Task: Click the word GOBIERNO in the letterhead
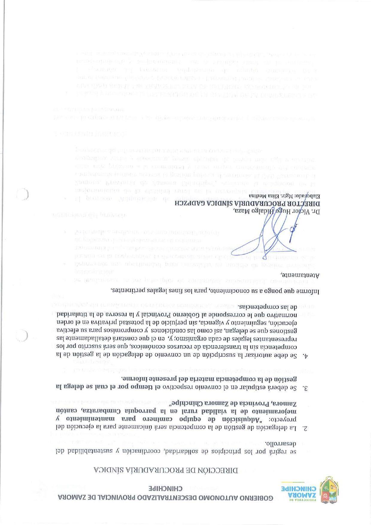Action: click(258, 497)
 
